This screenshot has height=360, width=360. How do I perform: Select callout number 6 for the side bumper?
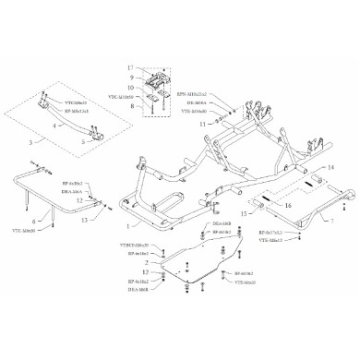pos(34,222)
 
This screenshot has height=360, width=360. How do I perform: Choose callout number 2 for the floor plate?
pos(146,263)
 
